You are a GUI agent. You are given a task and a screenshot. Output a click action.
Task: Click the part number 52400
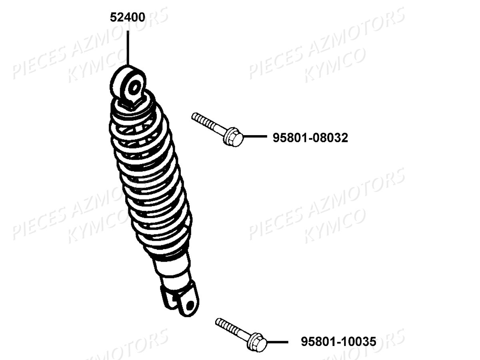(128, 17)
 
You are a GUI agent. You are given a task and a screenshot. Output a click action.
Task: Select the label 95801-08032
(310, 138)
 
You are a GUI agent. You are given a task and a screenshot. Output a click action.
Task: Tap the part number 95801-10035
(338, 342)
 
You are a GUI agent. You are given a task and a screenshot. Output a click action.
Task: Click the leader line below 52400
(128, 48)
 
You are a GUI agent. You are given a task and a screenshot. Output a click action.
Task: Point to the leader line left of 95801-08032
(255, 136)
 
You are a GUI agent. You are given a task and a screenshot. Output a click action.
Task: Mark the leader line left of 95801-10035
(278, 342)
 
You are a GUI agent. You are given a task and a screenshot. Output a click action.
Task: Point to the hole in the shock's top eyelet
(134, 88)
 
